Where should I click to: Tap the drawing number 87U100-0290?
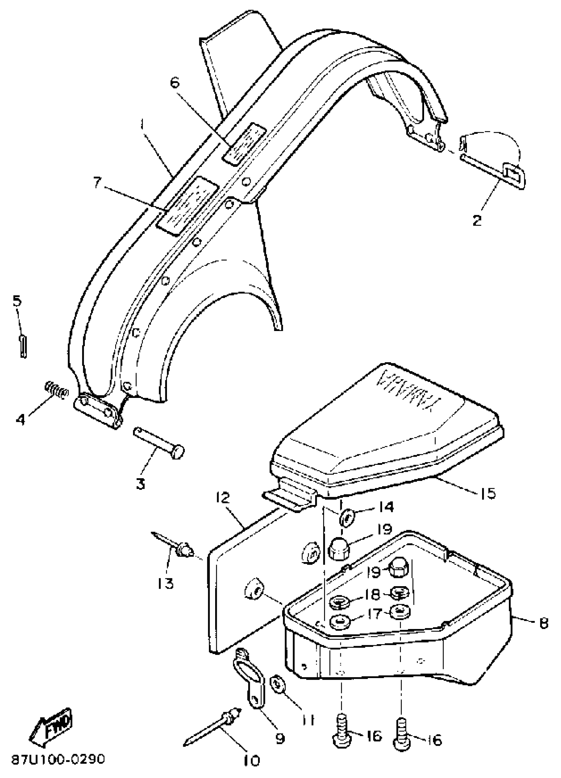click(x=58, y=760)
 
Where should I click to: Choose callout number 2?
click(x=477, y=220)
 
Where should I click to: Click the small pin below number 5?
click(x=23, y=346)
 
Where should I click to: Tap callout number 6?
click(x=175, y=83)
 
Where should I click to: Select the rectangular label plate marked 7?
click(x=187, y=206)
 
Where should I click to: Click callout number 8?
click(x=544, y=623)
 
